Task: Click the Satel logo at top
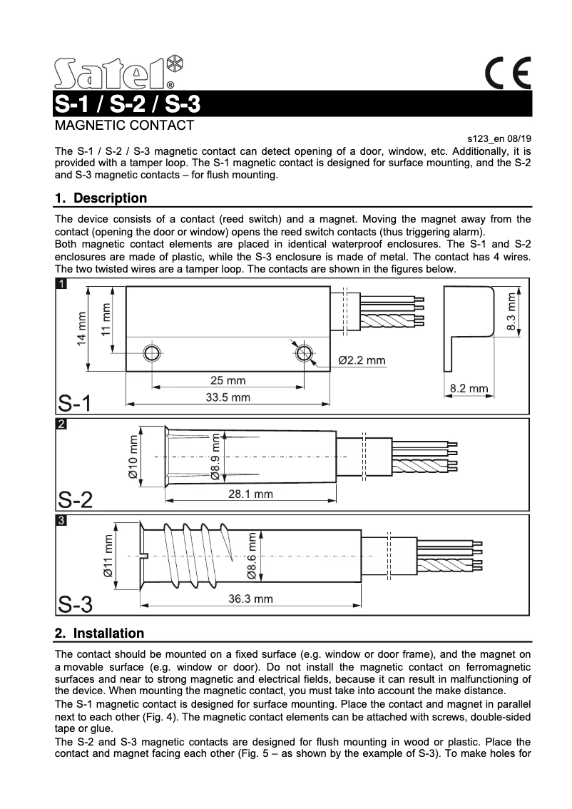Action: coord(118,72)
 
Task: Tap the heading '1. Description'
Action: coord(101,198)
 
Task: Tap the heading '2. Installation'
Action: coord(99,634)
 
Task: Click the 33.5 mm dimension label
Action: coord(228,397)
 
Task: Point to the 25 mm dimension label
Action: coord(228,380)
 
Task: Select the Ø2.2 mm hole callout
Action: coord(361,360)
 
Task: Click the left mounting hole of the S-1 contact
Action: coord(152,354)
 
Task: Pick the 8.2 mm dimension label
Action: coord(469,388)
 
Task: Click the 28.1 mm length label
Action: coord(250,494)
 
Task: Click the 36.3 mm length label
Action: coord(250,599)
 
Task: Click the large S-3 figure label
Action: coord(75,604)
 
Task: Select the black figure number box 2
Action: coord(62,424)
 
